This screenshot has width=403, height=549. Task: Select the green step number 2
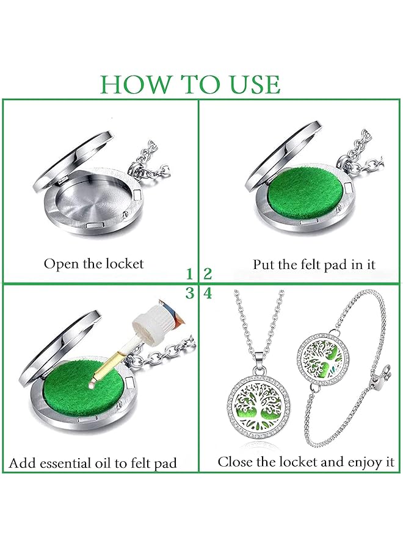click(x=208, y=273)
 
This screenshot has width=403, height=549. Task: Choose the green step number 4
click(x=208, y=293)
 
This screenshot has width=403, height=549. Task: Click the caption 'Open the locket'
click(x=93, y=264)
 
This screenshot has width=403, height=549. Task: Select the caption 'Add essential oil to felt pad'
click(x=93, y=463)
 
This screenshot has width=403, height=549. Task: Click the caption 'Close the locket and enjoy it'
click(x=306, y=462)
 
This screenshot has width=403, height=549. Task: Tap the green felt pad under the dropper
click(x=73, y=390)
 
